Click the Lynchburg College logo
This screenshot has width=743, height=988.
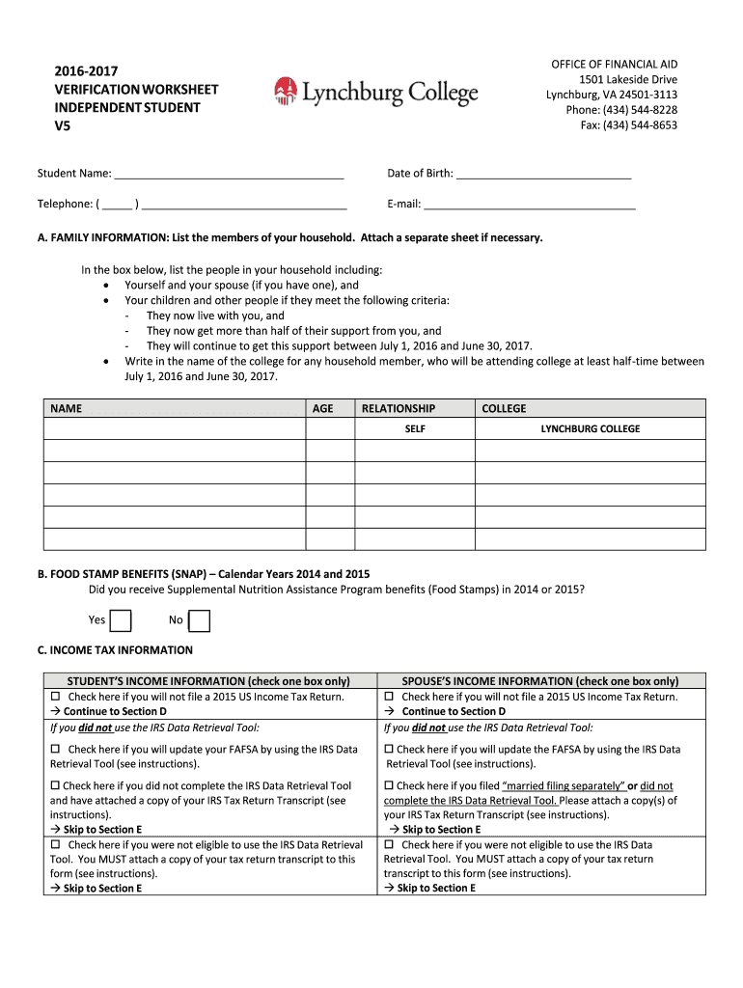(x=375, y=92)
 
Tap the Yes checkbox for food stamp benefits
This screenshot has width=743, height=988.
(x=121, y=620)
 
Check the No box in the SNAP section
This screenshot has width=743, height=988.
(x=199, y=620)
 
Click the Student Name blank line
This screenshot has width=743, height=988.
(x=229, y=176)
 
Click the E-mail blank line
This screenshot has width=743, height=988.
(x=529, y=205)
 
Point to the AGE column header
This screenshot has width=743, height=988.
(x=323, y=408)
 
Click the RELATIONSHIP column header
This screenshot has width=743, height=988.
(x=398, y=408)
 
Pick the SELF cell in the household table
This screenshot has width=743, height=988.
(x=415, y=429)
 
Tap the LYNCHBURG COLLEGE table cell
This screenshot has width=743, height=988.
(x=590, y=429)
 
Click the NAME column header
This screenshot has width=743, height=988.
(x=66, y=408)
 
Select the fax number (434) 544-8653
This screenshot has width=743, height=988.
(x=641, y=125)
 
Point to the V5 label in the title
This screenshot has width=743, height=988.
(x=63, y=125)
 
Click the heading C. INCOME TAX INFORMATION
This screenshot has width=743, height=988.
(x=115, y=650)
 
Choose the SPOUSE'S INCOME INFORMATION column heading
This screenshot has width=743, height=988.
(x=540, y=680)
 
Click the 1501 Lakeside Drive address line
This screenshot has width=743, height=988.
(x=628, y=79)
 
